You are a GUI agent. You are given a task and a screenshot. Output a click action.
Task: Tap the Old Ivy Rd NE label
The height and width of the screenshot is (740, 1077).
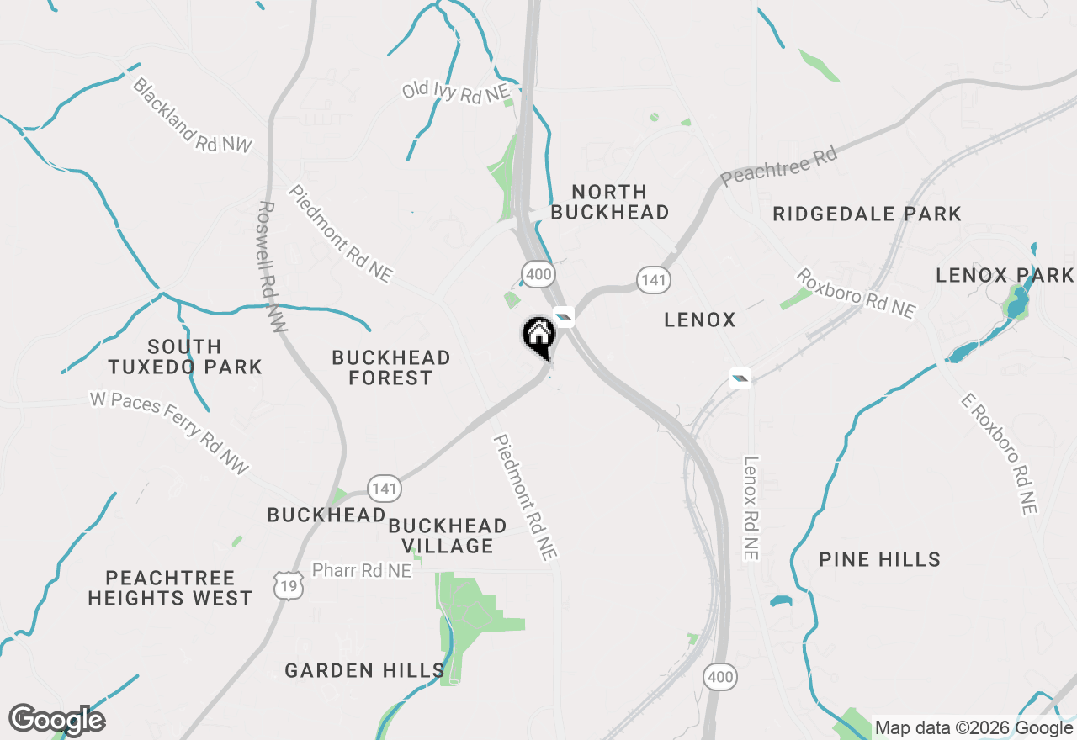point(454,92)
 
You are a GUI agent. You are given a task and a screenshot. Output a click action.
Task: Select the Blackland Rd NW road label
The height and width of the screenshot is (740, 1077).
point(193,115)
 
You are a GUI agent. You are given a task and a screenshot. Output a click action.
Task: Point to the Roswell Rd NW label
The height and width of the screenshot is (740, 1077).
point(272,267)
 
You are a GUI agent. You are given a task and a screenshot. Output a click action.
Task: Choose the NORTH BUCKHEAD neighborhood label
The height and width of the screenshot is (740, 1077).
point(610,202)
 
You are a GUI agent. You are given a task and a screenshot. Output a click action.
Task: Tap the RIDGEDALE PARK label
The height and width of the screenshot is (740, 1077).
point(867,214)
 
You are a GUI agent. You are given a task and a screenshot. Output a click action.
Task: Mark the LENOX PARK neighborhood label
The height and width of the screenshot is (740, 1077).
point(1005,275)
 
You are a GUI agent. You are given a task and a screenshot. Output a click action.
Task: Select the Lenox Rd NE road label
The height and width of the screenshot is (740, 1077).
point(751,508)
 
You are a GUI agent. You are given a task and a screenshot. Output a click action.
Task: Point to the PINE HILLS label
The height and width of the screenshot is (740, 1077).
point(879,559)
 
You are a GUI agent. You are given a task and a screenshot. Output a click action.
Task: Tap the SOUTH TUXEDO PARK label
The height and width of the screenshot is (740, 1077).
point(185,357)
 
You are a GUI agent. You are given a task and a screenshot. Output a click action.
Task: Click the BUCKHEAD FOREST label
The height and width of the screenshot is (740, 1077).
point(391,367)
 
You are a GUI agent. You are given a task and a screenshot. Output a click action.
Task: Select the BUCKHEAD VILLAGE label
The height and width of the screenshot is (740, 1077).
point(448,536)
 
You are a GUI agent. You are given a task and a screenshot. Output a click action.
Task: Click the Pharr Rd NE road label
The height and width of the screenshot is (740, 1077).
point(362,571)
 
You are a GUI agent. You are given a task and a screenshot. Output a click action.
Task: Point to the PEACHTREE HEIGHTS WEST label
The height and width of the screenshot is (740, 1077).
point(170,588)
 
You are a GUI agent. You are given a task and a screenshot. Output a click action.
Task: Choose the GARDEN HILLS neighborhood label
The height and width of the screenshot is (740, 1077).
point(364,670)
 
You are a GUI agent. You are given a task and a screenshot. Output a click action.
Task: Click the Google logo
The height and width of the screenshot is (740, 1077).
point(57,720)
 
